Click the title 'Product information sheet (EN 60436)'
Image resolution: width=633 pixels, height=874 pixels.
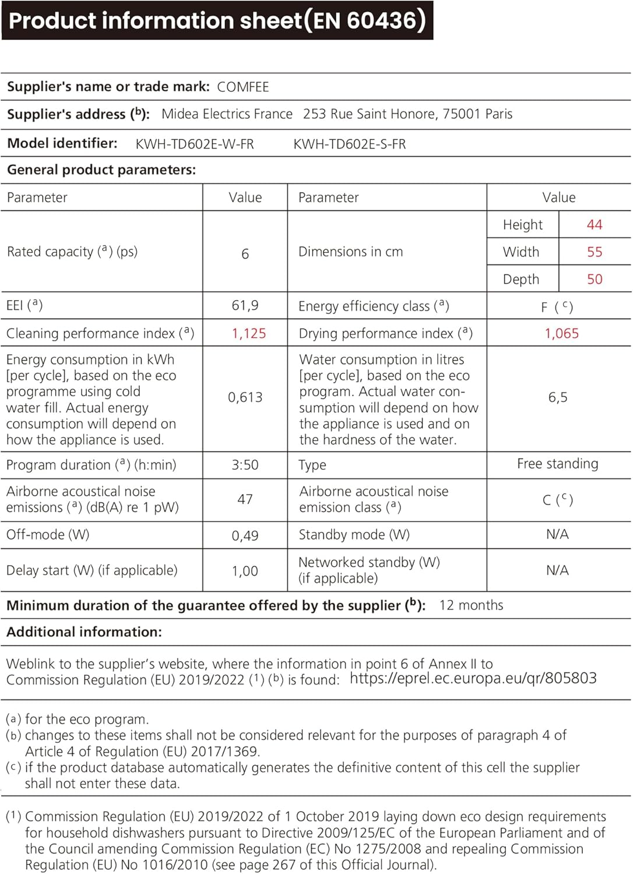point(217,20)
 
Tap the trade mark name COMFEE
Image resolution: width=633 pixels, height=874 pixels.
point(243,87)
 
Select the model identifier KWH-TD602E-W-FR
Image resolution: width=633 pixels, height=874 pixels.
point(195,144)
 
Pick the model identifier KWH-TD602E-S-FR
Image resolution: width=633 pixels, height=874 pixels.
point(350,144)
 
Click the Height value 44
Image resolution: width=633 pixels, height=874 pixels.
point(595,224)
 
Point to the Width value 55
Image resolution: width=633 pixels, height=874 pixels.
point(595,252)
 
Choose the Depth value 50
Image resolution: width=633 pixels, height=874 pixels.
point(595,279)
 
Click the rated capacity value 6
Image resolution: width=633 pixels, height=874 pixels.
point(245,253)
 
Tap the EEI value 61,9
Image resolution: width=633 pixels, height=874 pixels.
point(245,305)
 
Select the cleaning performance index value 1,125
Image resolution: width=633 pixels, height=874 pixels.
point(249,333)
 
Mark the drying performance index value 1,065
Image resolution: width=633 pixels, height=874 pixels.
point(562,333)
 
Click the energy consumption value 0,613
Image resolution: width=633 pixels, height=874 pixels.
point(245,397)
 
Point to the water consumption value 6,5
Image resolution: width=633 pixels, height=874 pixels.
point(558,397)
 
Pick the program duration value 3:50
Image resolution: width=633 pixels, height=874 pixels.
point(245,465)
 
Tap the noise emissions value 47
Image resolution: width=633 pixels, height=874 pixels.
point(245,499)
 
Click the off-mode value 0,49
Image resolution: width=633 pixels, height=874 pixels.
point(245,535)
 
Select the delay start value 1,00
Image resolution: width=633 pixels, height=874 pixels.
point(245,571)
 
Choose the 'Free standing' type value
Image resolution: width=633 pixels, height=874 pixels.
point(558,464)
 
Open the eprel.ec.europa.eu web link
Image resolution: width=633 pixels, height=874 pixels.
point(473,678)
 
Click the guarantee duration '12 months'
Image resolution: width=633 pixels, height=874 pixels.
point(472,605)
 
